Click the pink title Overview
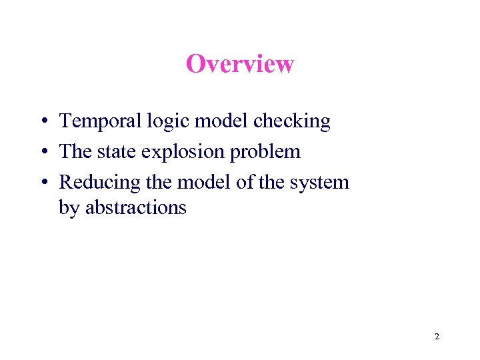tap(240, 64)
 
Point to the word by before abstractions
tap(68, 208)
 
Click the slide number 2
tap(437, 337)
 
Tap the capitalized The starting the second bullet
tap(75, 152)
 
